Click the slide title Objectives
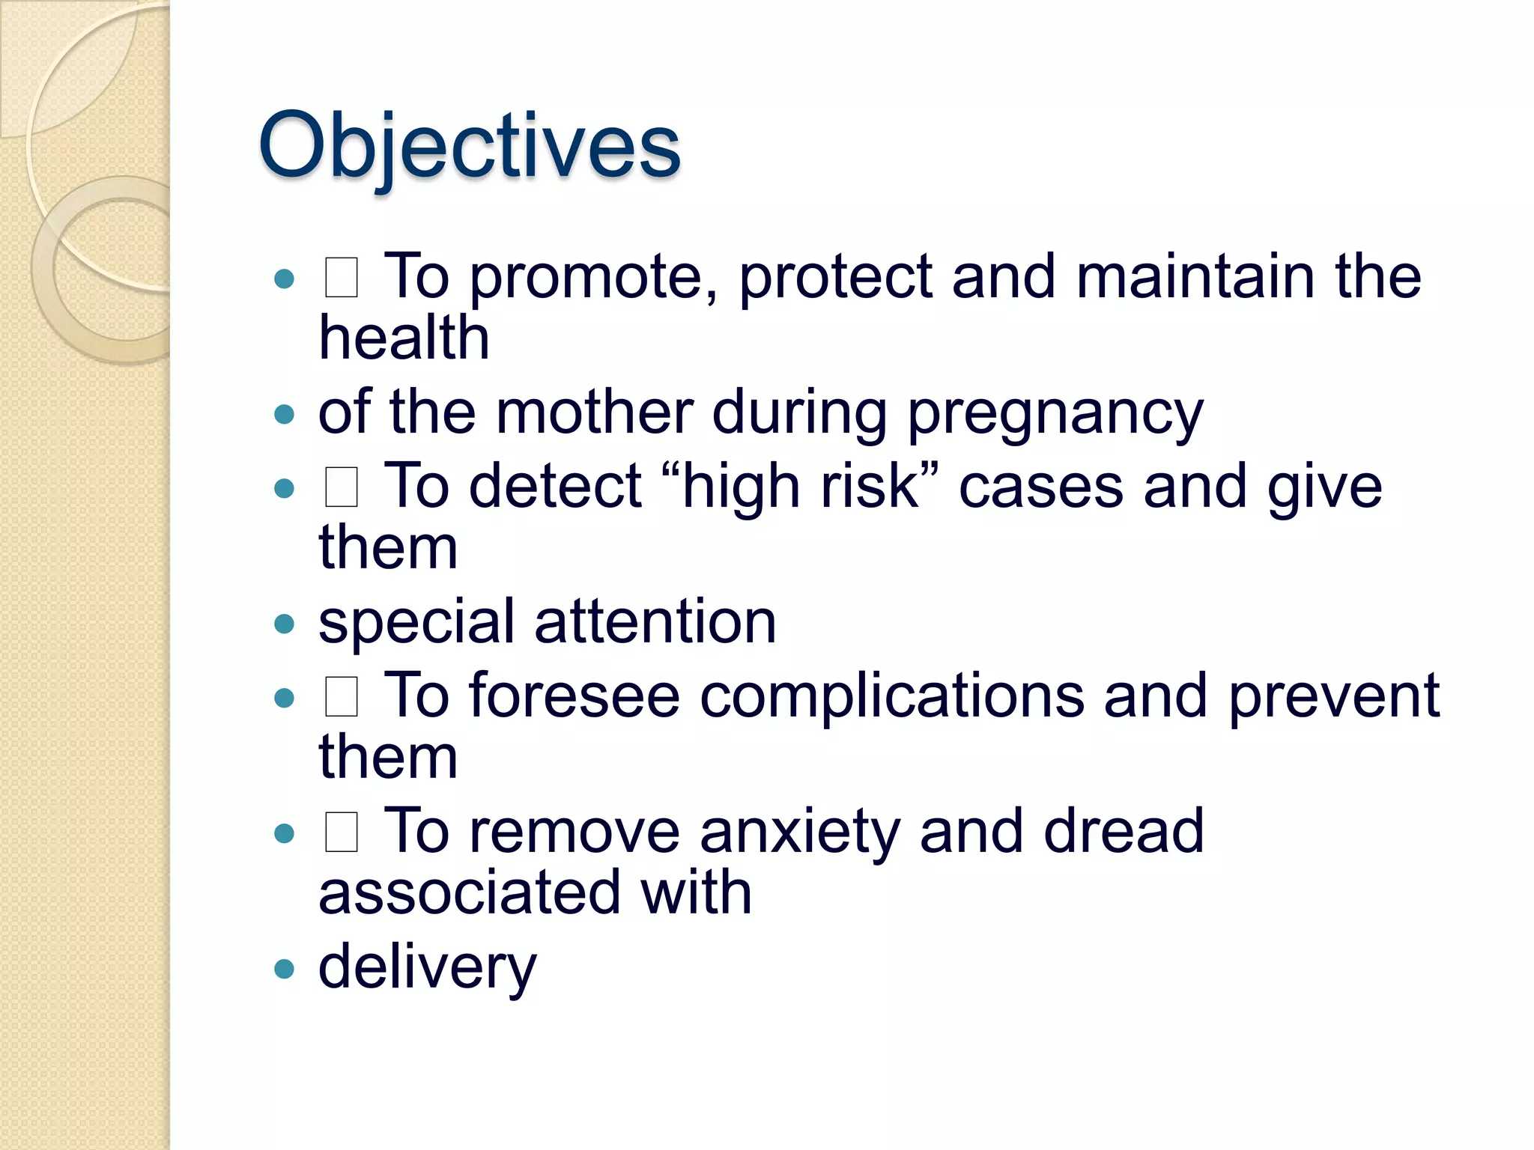click(469, 146)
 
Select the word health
click(404, 338)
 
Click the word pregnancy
click(1055, 414)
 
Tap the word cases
click(1041, 488)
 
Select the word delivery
click(427, 968)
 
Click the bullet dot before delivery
click(284, 970)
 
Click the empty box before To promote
click(342, 278)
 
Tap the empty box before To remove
click(342, 832)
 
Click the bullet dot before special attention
click(284, 624)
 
